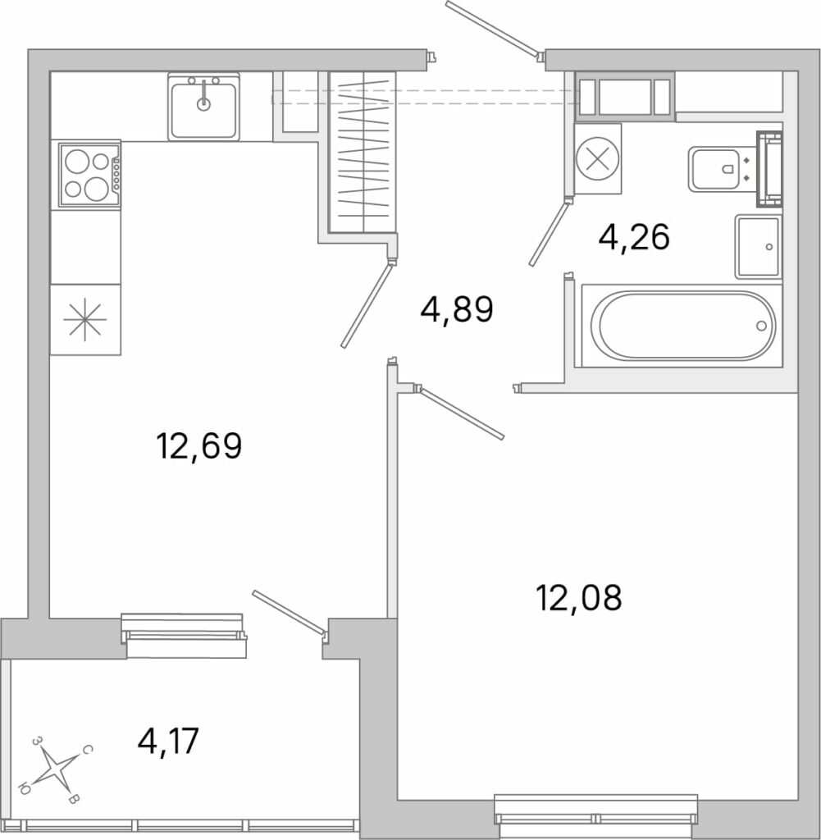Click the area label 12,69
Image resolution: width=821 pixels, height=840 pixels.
tap(199, 445)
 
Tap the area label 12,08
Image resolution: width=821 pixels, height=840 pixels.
tap(579, 597)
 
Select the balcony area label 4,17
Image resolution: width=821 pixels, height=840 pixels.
tap(168, 741)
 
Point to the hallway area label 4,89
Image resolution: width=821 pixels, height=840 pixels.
tap(456, 309)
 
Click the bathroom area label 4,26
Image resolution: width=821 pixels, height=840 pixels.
tap(634, 237)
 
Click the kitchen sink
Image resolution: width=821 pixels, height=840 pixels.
tap(203, 107)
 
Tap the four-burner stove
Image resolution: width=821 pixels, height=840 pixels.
tap(89, 175)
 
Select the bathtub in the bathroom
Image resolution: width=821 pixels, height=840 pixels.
tap(682, 325)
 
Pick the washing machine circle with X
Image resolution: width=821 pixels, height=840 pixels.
tap(598, 158)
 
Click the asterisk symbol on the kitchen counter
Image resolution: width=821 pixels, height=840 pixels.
tap(84, 319)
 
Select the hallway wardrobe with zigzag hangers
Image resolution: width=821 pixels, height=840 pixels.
tap(363, 152)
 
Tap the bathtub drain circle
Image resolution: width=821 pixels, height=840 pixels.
tap(761, 325)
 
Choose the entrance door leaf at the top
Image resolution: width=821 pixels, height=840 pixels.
tap(493, 29)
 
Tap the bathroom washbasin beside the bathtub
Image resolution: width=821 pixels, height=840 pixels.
tap(759, 247)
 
